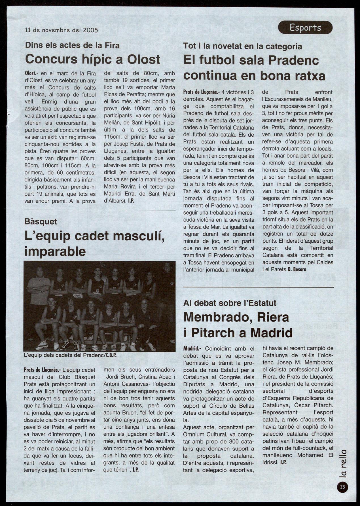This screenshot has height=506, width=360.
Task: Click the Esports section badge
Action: (x=305, y=27)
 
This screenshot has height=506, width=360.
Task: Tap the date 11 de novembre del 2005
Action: (x=62, y=30)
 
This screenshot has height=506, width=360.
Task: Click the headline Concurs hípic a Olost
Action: (x=93, y=59)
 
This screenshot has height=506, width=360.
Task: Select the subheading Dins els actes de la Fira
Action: (x=72, y=45)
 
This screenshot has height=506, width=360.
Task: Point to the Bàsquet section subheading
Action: (x=41, y=221)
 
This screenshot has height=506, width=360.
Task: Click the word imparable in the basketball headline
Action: (x=55, y=251)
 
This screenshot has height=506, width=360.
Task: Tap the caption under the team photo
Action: (x=71, y=355)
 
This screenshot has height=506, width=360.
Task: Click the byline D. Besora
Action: (x=297, y=269)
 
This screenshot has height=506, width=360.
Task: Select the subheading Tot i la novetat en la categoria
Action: (x=242, y=46)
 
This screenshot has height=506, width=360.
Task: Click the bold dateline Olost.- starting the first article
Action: (x=32, y=73)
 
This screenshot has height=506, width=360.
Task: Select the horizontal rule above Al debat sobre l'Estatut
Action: (x=258, y=287)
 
